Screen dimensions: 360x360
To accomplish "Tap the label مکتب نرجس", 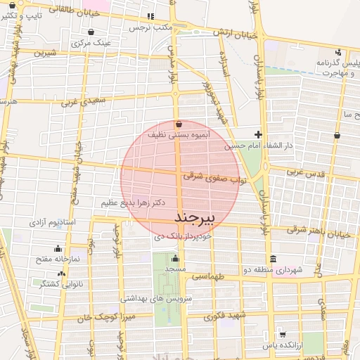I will click(x=150, y=27).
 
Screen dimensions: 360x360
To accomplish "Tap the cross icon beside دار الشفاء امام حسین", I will click(x=259, y=134).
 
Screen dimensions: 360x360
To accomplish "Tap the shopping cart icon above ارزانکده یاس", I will click(x=282, y=333).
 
